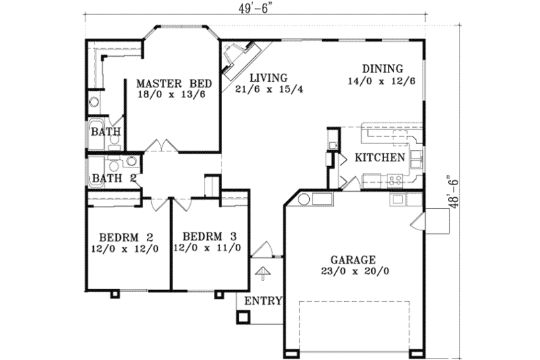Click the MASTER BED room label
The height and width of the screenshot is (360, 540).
pos(174,83)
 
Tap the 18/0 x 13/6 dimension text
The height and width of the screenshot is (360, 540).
pos(171,95)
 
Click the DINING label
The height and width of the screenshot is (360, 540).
pos(382,68)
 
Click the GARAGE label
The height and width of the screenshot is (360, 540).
pos(354,259)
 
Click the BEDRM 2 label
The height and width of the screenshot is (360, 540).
pos(124,237)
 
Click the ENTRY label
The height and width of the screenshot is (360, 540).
pos(263,301)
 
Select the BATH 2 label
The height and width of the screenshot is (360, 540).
pos(114,178)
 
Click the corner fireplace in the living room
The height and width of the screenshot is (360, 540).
pos(240,59)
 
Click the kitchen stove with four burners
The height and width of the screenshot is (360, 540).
pos(395,180)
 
